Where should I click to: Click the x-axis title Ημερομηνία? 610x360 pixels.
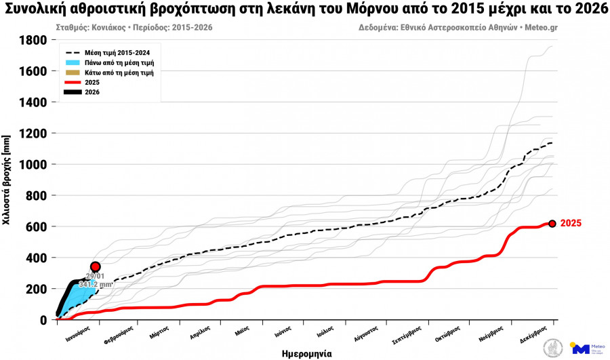tap(306, 353)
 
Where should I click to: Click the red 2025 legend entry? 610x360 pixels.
tap(92, 82)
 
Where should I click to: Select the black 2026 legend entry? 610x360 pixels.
tap(92, 92)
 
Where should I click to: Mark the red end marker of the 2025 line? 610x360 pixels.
tap(552, 224)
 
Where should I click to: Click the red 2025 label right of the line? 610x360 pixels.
tap(571, 224)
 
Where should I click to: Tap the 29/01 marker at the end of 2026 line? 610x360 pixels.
tap(96, 267)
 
